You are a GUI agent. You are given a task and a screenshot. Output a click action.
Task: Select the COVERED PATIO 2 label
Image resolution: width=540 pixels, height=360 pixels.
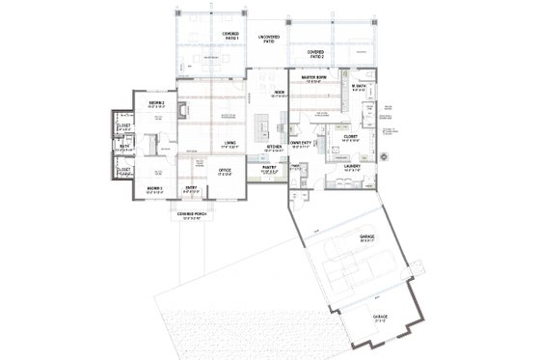point(315,53)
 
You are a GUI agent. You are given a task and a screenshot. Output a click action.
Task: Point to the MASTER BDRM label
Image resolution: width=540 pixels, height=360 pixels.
point(315,77)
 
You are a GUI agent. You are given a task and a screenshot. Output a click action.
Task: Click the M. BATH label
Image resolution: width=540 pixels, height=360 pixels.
point(362,88)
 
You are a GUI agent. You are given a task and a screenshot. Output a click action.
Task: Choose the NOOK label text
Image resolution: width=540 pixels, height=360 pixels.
point(280,94)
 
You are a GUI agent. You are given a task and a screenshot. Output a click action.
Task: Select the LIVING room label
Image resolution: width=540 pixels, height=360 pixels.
point(230,144)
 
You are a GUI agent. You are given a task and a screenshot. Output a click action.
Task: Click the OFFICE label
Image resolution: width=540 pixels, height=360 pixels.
point(225,171)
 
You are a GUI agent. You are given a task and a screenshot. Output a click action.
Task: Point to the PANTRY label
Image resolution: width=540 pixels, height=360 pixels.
point(269,167)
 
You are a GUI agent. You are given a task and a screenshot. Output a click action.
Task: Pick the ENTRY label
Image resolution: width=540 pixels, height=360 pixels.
point(192,187)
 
